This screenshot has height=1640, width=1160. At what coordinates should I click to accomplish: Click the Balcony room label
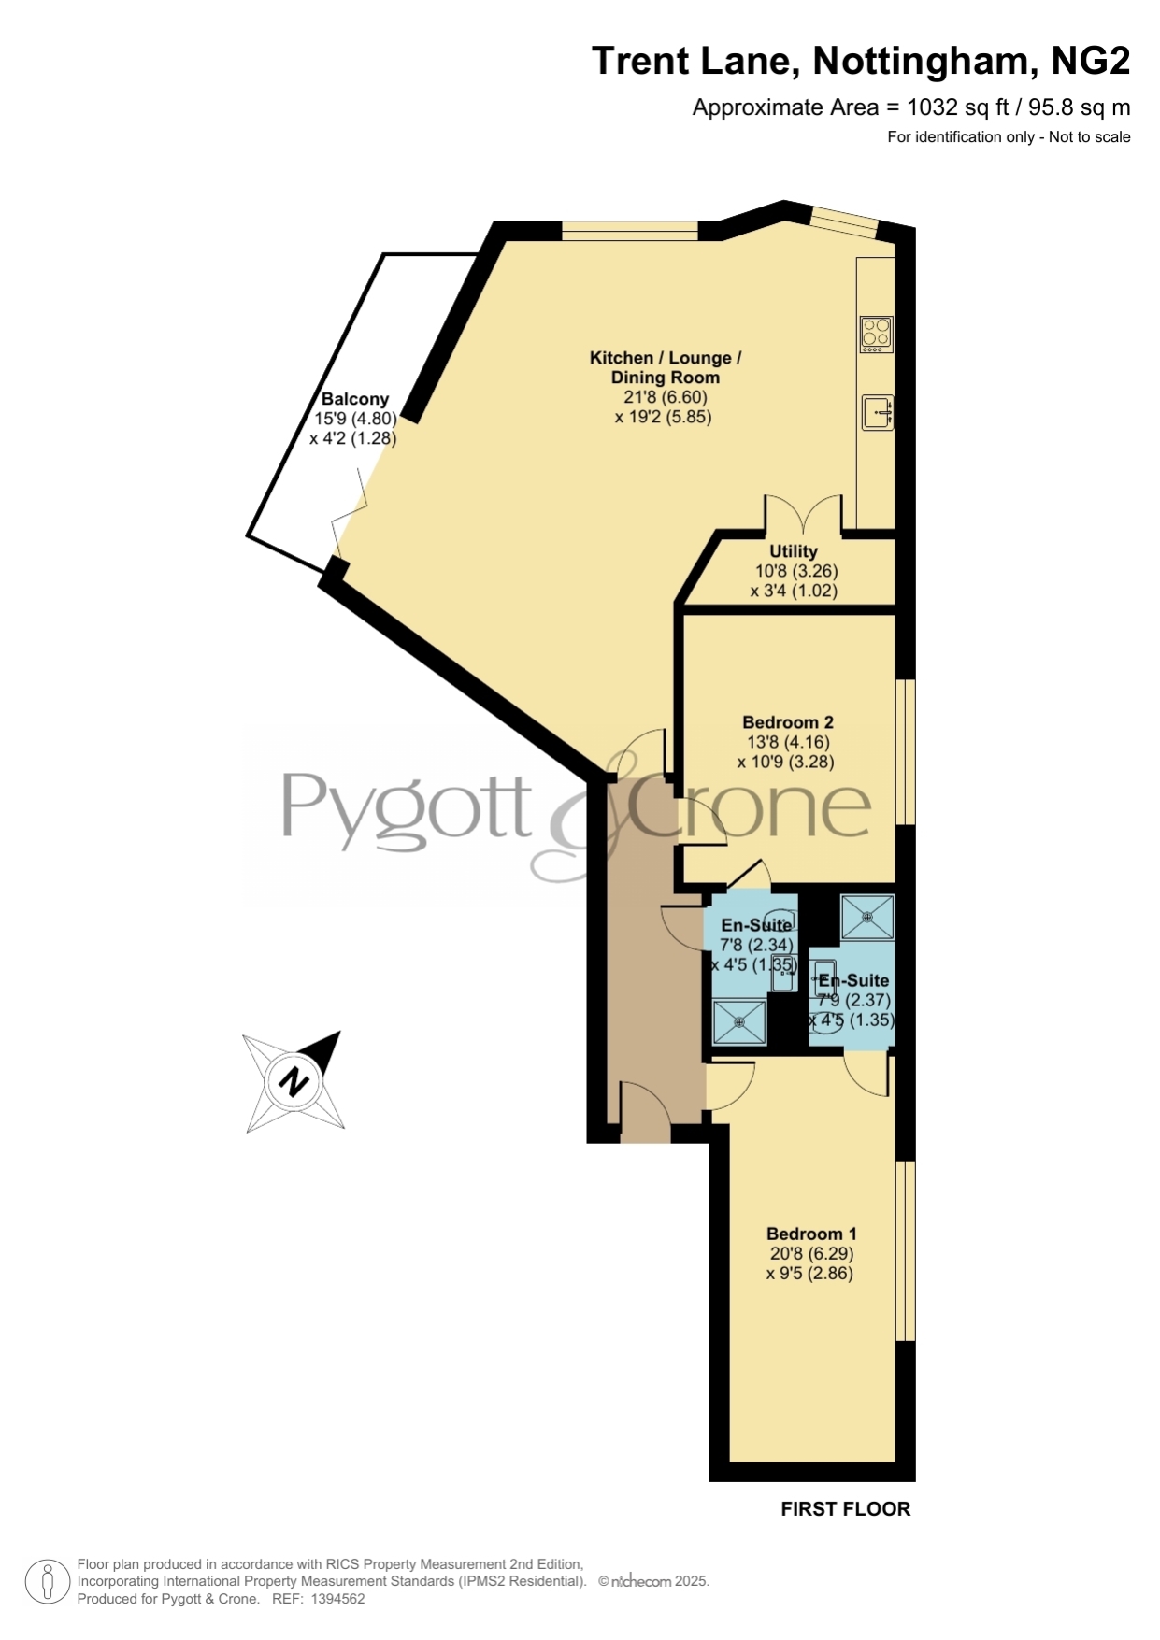coord(355,399)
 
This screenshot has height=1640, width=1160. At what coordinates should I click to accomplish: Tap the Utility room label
coord(794,551)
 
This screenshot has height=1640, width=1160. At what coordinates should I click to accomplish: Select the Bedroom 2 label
coord(788,722)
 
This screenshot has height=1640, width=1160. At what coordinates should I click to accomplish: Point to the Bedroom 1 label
coord(811,1234)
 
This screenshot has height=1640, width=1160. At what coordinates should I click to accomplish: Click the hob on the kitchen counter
coord(876,334)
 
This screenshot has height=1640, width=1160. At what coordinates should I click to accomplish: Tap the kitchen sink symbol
coord(878,411)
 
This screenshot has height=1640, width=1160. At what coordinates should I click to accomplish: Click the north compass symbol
coord(294,1082)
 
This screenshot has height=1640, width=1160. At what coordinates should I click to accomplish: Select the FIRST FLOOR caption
coord(846,1508)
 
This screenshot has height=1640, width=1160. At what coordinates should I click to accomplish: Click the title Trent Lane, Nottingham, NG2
coord(861,61)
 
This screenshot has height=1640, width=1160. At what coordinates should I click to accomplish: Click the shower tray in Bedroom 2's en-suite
coord(739,1021)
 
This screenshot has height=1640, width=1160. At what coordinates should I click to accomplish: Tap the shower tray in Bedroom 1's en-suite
coord(867,917)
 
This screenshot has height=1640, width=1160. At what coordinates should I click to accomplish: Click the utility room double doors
coord(803,514)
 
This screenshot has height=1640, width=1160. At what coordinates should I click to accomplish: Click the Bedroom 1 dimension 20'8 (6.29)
coord(811,1253)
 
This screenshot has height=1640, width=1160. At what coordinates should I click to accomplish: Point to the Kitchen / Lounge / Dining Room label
coord(666,367)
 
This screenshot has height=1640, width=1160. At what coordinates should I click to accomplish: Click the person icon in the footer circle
coord(47,1582)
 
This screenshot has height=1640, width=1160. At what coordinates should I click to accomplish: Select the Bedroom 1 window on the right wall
coord(906,1250)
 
